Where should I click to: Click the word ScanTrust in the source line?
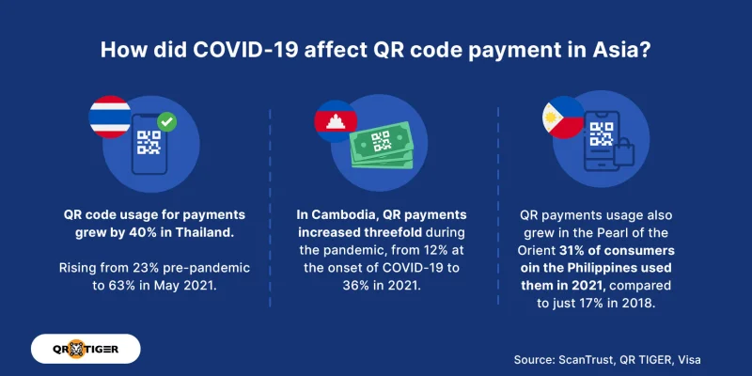(589, 359)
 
